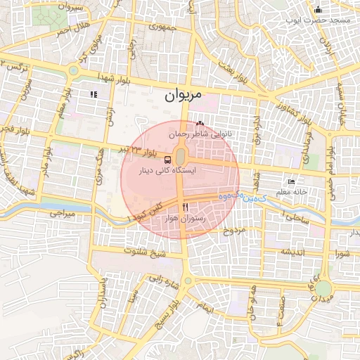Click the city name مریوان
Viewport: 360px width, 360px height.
(x=183, y=95)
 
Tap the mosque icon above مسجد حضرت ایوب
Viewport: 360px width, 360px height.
(x=318, y=10)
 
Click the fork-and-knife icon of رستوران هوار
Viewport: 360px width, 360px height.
(x=186, y=207)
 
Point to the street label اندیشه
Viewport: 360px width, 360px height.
(x=292, y=252)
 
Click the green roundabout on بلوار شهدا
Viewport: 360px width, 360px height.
(x=73, y=70)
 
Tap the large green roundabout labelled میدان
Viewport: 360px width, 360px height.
(x=323, y=288)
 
